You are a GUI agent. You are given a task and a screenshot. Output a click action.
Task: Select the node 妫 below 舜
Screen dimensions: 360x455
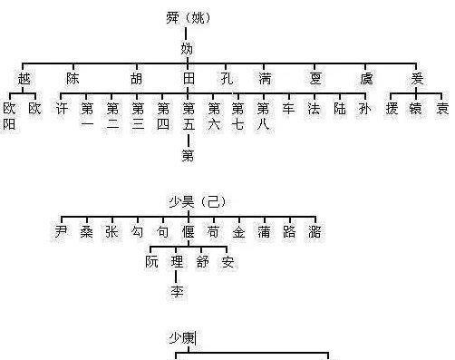point(187,48)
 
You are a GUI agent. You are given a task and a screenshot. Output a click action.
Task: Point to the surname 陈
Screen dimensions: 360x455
point(73,79)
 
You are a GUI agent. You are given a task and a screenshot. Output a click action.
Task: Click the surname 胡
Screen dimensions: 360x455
point(136,79)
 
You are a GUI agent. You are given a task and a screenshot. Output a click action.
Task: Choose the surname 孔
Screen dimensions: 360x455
point(227,79)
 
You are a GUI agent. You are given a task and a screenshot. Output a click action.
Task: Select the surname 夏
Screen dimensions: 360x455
point(316,79)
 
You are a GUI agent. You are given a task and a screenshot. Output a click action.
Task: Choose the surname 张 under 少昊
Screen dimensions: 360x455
point(111,232)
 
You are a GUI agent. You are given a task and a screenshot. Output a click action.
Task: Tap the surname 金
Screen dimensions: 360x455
point(238,232)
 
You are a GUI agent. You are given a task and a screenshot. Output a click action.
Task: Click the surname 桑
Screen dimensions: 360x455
point(85,232)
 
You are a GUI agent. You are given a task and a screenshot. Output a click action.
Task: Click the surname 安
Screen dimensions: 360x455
point(227,263)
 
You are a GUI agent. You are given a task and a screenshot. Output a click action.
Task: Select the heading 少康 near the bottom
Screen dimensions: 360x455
point(181,337)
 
